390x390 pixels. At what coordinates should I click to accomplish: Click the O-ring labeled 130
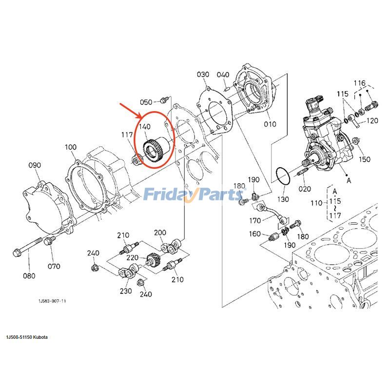tap(282, 176)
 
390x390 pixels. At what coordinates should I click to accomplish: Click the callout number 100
tap(70, 147)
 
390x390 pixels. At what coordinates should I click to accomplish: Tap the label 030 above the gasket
tap(203, 75)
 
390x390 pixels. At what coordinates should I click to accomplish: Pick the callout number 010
tap(270, 124)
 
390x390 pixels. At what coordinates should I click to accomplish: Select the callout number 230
tap(126, 291)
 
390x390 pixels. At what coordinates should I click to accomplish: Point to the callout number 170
tap(255, 220)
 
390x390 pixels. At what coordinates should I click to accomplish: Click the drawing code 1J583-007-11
tap(53, 301)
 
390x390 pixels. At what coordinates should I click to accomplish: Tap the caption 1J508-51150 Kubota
tap(27, 337)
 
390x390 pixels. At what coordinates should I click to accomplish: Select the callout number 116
tap(359, 83)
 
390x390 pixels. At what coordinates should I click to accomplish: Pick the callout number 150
tap(365, 159)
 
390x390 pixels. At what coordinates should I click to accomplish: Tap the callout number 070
tap(54, 266)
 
